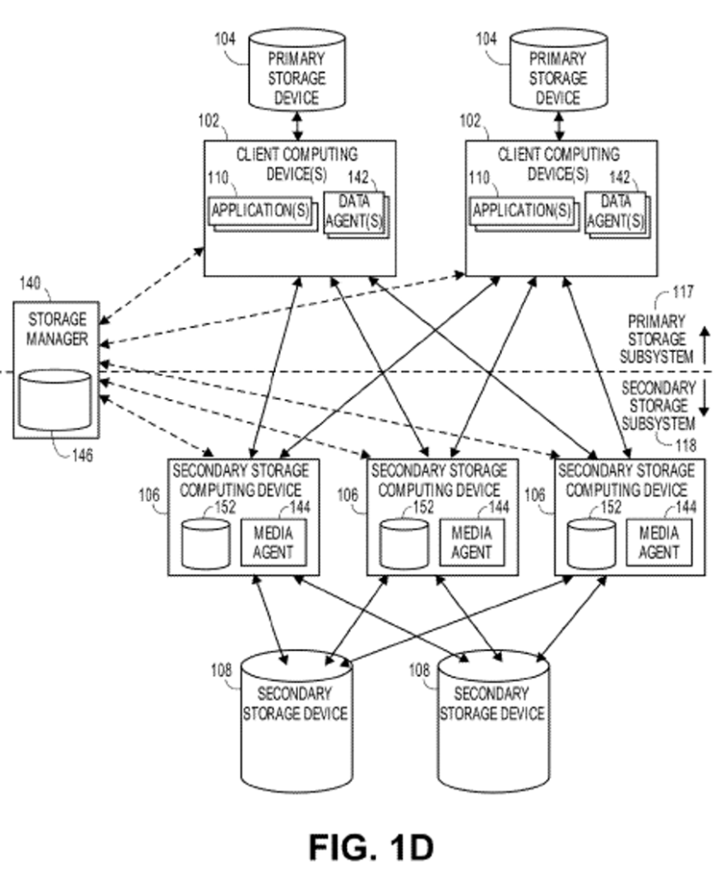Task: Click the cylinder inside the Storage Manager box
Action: pyautogui.click(x=54, y=399)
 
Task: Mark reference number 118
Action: pyautogui.click(x=683, y=444)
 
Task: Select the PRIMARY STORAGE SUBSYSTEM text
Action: pyautogui.click(x=656, y=339)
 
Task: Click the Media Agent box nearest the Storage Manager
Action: pyautogui.click(x=272, y=542)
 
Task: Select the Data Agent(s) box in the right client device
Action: pyautogui.click(x=615, y=213)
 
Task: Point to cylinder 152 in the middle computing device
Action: pyautogui.click(x=403, y=542)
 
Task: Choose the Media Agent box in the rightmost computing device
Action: pyautogui.click(x=658, y=542)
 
